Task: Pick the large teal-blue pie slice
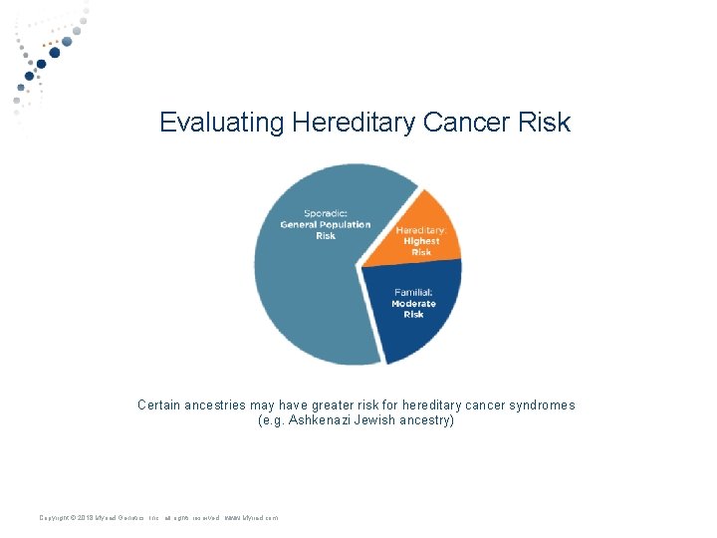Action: pos(309,289)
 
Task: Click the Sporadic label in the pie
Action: pos(325,213)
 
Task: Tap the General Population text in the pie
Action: pos(325,224)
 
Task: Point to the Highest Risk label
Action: pos(421,246)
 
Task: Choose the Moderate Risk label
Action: pos(413,309)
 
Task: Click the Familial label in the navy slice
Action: pos(412,292)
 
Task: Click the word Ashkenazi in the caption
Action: pos(324,420)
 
